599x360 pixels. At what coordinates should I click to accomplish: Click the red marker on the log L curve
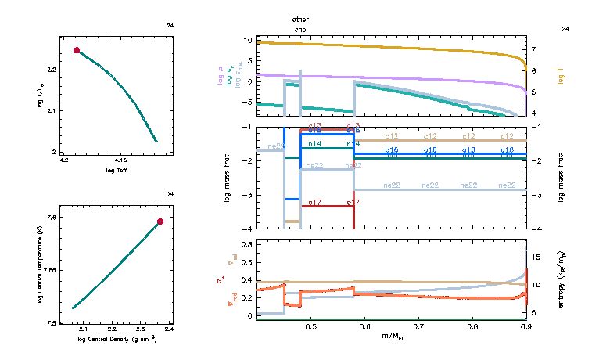(77, 50)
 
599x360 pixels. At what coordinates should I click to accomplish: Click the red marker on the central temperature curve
(160, 221)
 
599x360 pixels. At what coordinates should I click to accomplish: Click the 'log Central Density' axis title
(117, 339)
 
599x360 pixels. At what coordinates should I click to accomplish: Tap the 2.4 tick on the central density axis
(169, 329)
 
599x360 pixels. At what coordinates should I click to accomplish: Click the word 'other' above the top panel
(300, 18)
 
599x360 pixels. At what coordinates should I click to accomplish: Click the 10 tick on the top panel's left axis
(248, 40)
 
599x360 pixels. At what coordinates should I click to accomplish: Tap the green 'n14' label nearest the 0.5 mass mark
(314, 144)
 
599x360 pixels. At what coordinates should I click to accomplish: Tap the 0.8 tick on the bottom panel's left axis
(246, 245)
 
